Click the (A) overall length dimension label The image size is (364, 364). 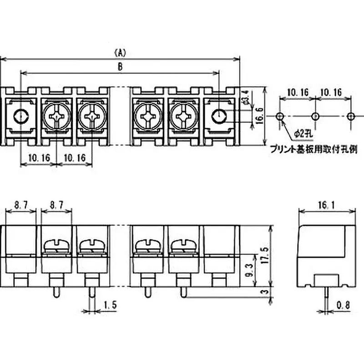click(120, 52)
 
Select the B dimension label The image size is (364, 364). click(120, 66)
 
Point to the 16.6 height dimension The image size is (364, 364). click(258, 116)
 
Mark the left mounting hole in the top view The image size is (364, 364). click(21, 117)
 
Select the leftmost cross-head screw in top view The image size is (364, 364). click(56, 117)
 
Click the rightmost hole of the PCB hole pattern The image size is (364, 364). click(350, 116)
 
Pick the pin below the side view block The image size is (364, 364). click(327, 295)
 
